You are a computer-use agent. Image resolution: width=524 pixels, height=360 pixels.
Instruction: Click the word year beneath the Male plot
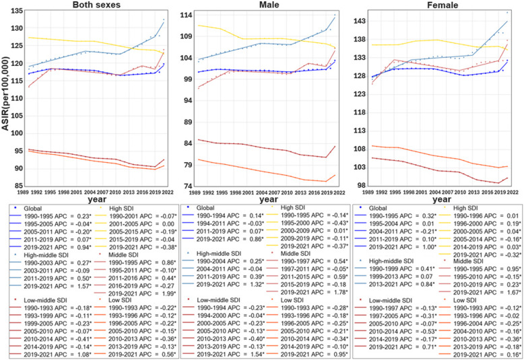tap(269, 200)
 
